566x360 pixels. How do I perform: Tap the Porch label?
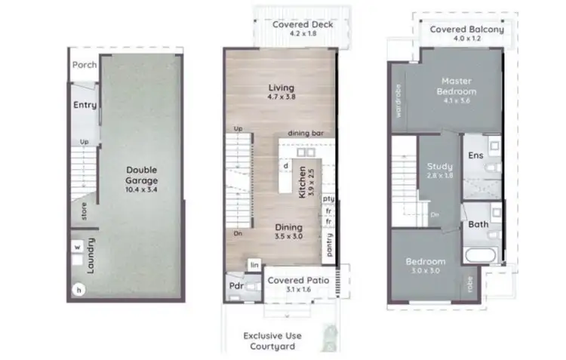point(84,65)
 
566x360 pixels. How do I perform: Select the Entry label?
point(85,105)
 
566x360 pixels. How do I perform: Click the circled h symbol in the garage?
point(77,289)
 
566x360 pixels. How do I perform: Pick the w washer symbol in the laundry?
point(77,246)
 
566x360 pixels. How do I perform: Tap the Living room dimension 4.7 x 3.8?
point(281,98)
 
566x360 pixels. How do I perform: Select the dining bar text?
point(306,133)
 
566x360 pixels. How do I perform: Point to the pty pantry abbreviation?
point(328,198)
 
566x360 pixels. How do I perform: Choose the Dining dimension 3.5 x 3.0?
point(288,237)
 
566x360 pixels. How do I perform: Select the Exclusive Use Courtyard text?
point(269,341)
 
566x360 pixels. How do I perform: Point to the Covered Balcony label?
point(461,30)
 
